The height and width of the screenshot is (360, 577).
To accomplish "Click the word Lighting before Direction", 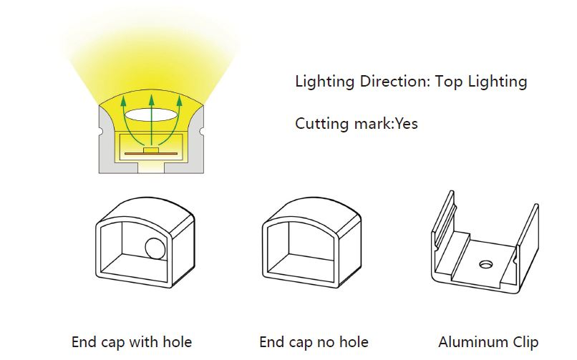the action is tap(324, 82).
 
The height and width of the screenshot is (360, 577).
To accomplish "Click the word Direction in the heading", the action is tap(395, 81).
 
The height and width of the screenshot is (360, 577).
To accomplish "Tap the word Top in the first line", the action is tap(449, 82).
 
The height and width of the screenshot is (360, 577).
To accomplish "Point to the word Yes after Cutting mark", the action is tap(407, 124).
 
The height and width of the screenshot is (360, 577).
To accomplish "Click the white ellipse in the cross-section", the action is tap(151, 115).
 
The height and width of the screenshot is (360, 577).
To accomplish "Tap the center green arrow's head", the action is tap(151, 100).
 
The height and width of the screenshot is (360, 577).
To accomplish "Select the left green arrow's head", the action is tap(124, 101).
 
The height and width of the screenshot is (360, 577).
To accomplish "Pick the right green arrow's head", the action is tap(179, 101).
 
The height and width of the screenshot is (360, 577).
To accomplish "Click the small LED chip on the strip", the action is tap(151, 150).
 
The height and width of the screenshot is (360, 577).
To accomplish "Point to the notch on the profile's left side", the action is tap(100, 131).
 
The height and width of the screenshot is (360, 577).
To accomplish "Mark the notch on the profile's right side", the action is tap(201, 131).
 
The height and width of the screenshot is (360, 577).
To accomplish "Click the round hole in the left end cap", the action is tap(155, 248).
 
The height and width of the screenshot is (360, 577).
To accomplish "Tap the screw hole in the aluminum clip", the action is tap(486, 264).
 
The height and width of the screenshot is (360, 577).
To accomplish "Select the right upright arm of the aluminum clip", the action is tap(528, 233).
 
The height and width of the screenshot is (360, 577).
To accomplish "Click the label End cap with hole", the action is tap(132, 342).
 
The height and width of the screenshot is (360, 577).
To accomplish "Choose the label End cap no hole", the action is tap(314, 342).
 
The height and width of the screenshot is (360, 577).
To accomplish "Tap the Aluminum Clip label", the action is tap(488, 342).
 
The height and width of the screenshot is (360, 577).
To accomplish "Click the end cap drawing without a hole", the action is tap(312, 243).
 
